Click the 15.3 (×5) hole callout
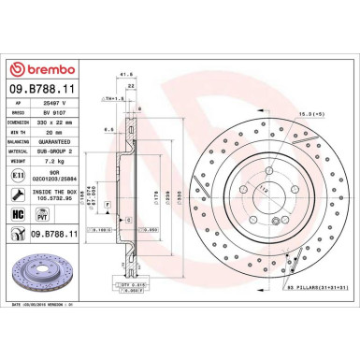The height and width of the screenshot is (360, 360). [312, 114]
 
